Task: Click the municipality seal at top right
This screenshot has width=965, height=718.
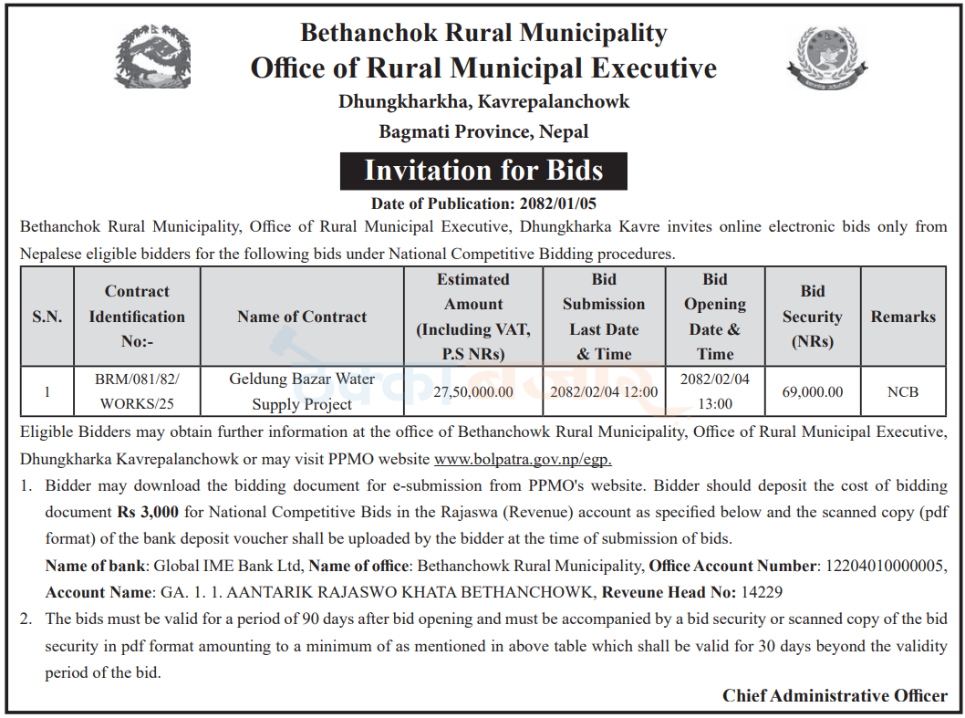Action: (826, 58)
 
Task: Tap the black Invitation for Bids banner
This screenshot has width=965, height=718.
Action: (483, 171)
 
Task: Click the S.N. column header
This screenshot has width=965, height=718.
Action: (47, 317)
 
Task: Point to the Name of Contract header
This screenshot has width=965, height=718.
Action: (302, 317)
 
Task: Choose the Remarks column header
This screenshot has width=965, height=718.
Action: (903, 317)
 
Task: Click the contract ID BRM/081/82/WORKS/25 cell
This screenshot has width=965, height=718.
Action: (138, 391)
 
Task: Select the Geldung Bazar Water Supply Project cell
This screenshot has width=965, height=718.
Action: (302, 391)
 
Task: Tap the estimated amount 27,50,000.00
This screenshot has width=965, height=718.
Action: (473, 392)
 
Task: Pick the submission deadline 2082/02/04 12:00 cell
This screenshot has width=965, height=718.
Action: (603, 392)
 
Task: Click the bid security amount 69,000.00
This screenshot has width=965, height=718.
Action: (812, 392)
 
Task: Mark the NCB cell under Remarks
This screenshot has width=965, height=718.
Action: (903, 392)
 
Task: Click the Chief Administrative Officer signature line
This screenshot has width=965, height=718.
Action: (835, 695)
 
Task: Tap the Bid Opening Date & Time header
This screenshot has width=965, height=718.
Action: (715, 317)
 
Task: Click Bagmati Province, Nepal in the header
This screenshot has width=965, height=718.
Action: (483, 131)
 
